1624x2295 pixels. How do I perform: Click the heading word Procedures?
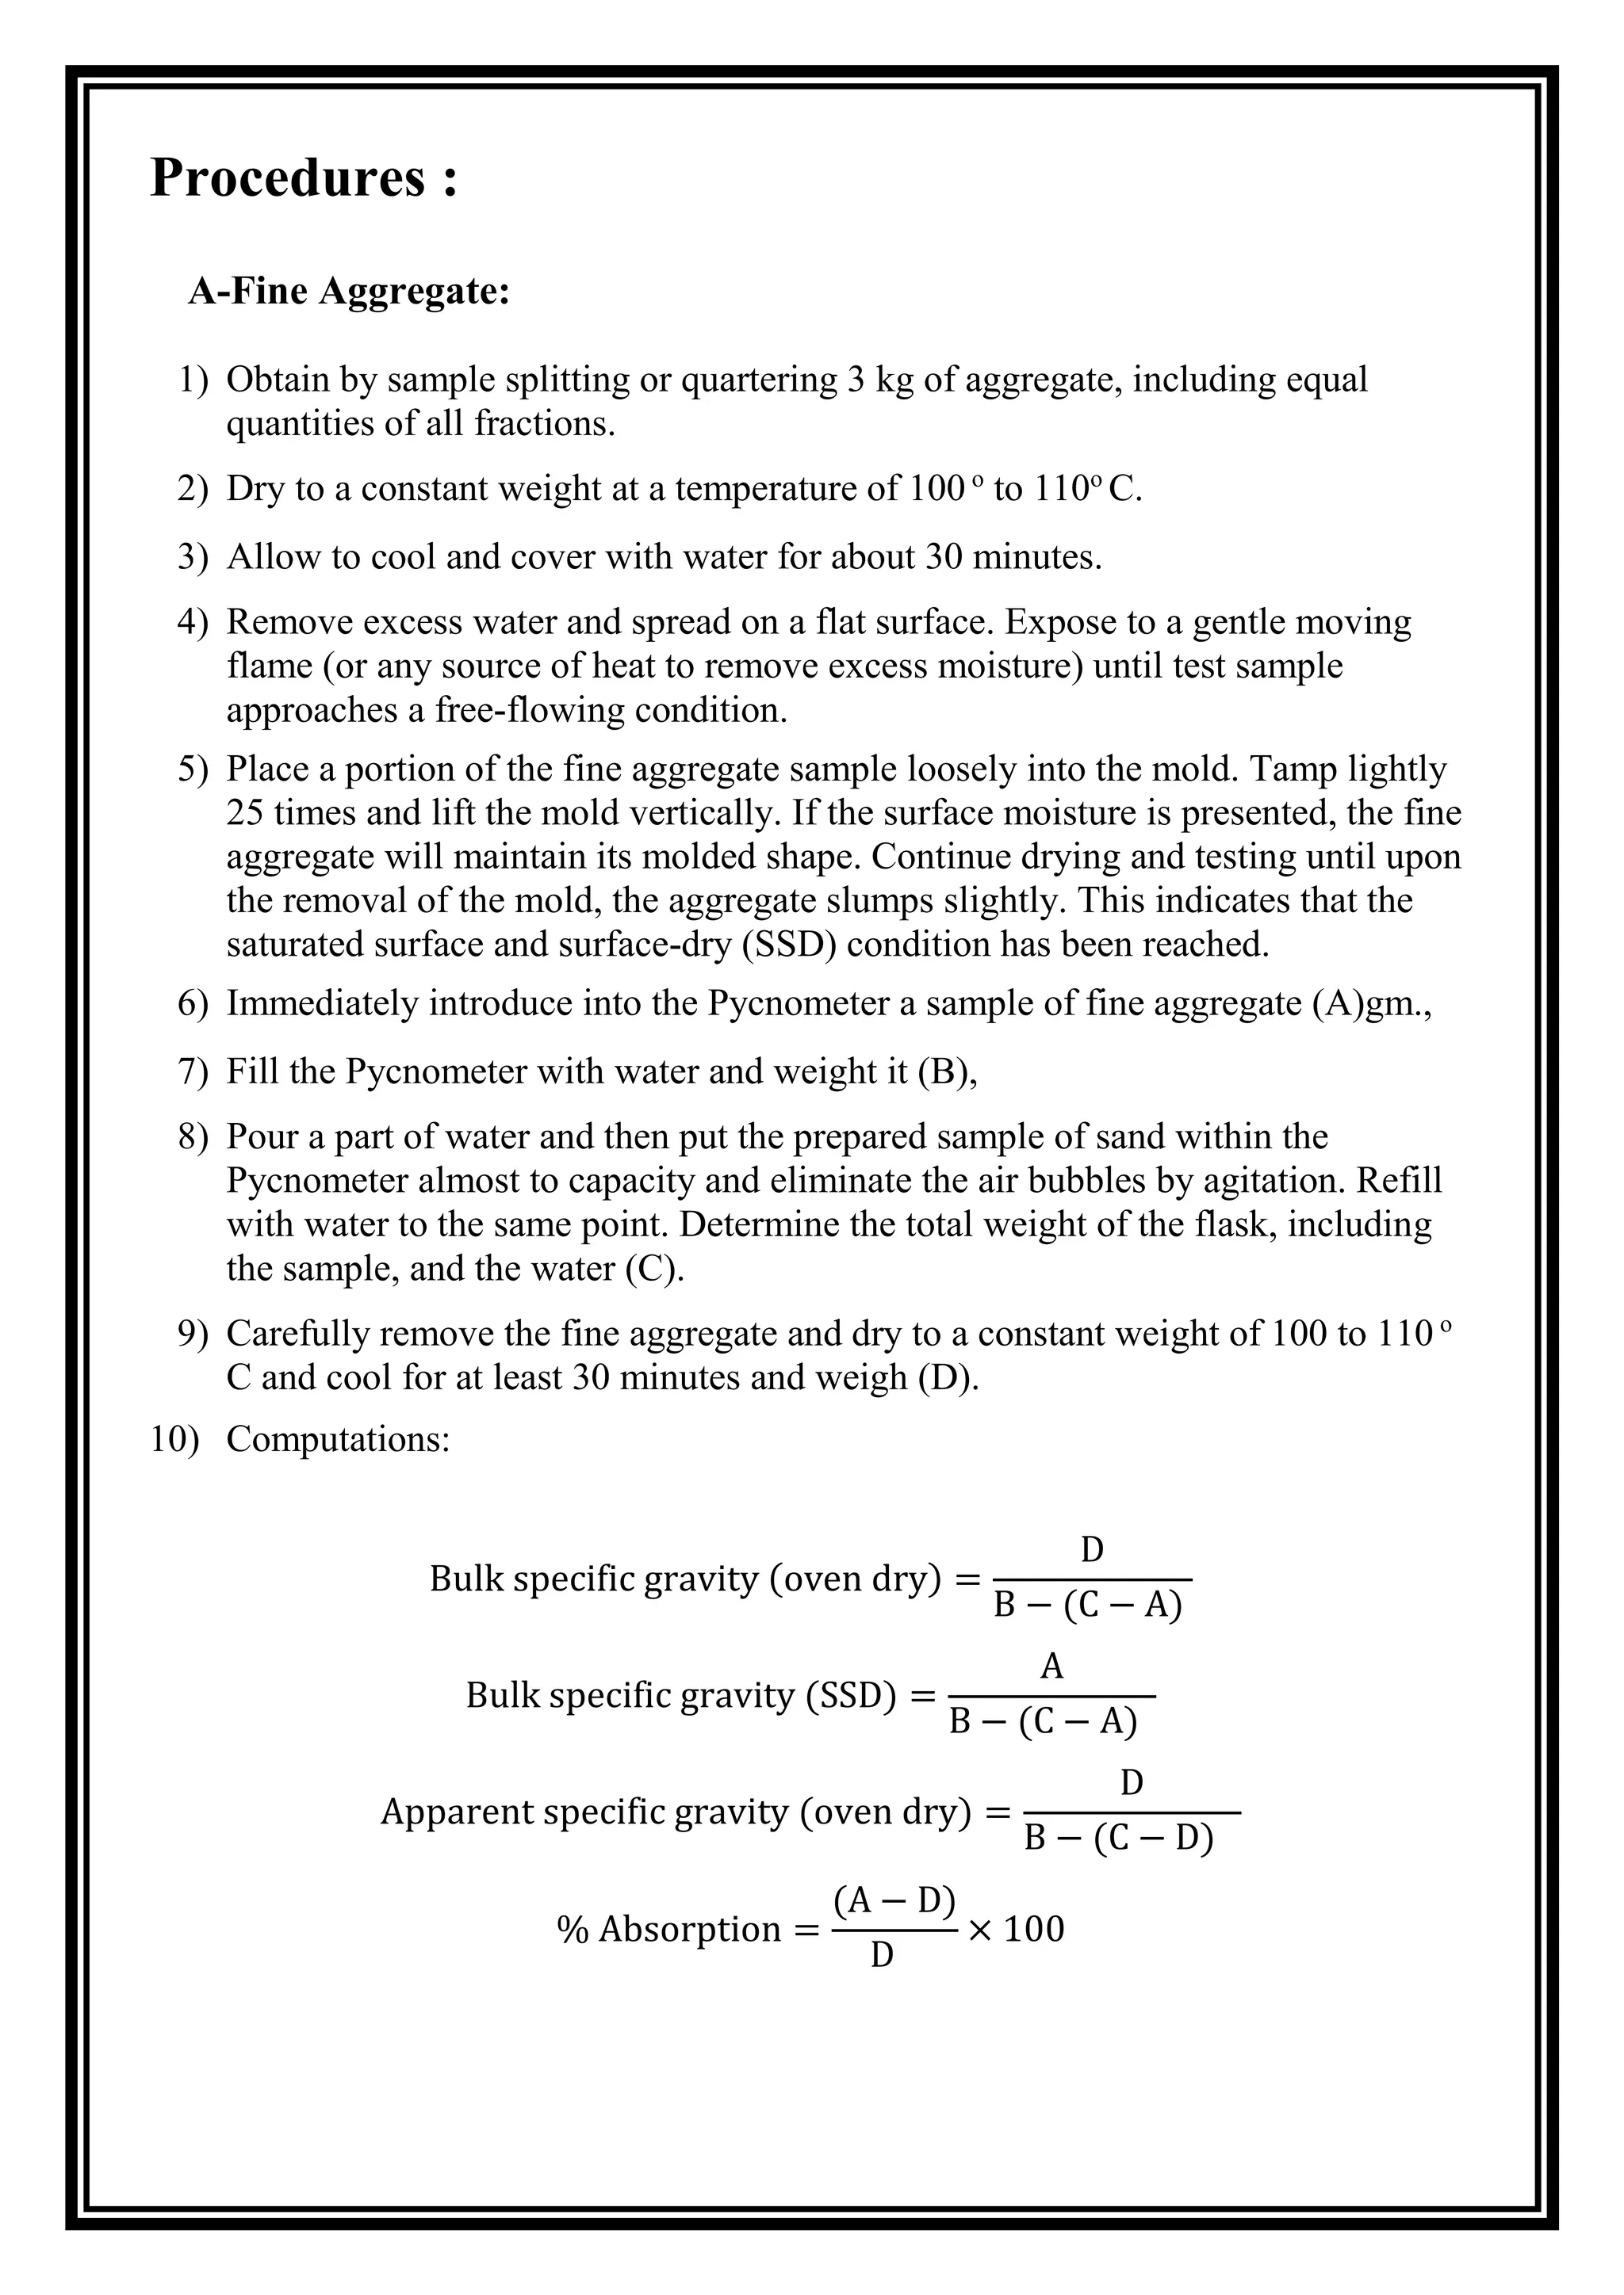(288, 178)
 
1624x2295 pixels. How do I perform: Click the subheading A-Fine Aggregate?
(349, 292)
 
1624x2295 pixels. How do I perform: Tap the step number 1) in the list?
(193, 380)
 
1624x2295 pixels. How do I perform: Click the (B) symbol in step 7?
(946, 1071)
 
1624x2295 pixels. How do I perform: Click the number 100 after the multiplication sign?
(1033, 1929)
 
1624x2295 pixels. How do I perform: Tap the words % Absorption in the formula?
(669, 1929)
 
